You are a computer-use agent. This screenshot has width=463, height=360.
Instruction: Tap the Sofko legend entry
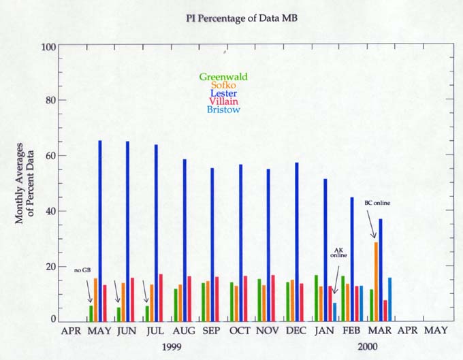224,86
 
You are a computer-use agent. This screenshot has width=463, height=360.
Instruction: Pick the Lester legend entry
224,94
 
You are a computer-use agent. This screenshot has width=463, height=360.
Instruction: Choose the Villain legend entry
224,101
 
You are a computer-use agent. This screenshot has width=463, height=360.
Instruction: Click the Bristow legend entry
224,110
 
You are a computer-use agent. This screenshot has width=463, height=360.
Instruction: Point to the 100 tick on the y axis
47,47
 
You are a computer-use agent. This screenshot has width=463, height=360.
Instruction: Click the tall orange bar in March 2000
376,281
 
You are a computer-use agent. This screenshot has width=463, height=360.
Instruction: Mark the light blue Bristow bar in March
390,299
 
